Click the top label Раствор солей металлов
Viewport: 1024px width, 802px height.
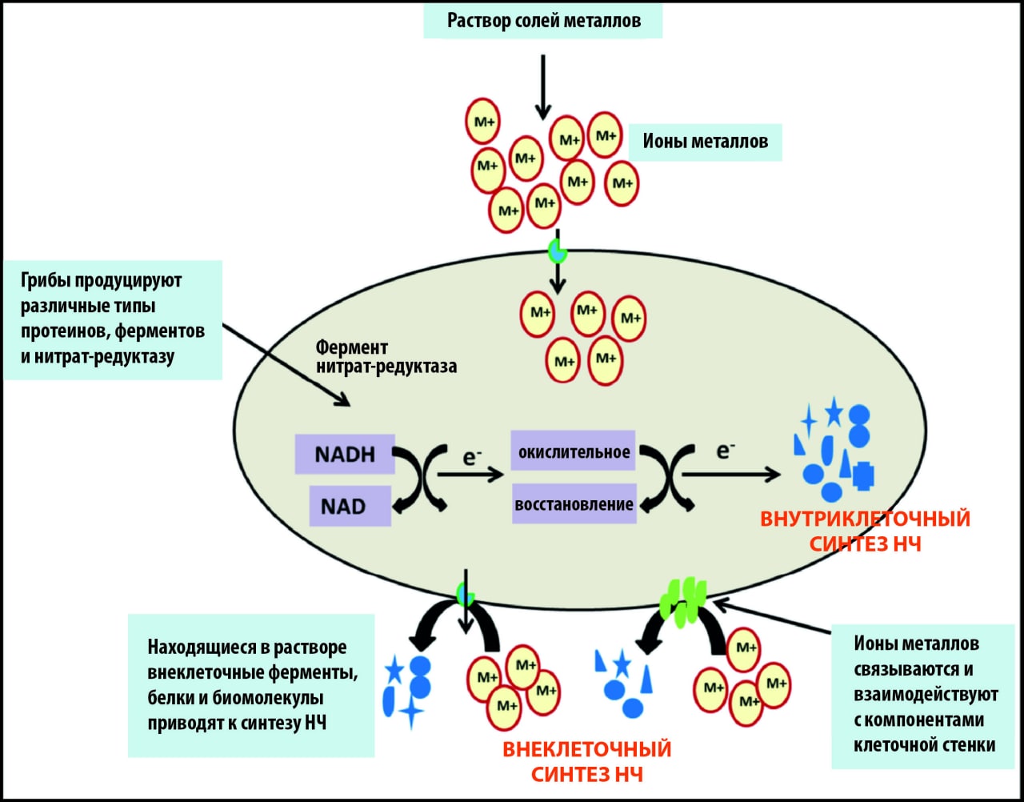(543, 20)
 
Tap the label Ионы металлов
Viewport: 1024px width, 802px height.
(705, 142)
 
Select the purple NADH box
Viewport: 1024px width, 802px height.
(345, 455)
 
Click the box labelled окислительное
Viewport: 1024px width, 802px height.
(574, 452)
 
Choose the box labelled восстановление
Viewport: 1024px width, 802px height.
(574, 504)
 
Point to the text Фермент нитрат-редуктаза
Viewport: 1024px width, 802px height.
(386, 357)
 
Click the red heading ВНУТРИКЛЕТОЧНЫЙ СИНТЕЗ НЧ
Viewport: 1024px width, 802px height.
(865, 531)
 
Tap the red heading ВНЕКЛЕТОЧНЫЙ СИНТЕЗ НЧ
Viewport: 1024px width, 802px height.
(586, 761)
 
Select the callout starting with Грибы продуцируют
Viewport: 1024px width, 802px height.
(112, 319)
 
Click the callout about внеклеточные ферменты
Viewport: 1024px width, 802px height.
(251, 685)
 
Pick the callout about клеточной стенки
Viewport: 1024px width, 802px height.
(923, 695)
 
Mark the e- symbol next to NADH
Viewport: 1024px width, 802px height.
(472, 457)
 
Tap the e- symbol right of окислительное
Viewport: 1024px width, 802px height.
(725, 451)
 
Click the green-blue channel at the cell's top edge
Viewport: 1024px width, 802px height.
(557, 251)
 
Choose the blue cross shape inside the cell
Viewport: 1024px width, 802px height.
(862, 475)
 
